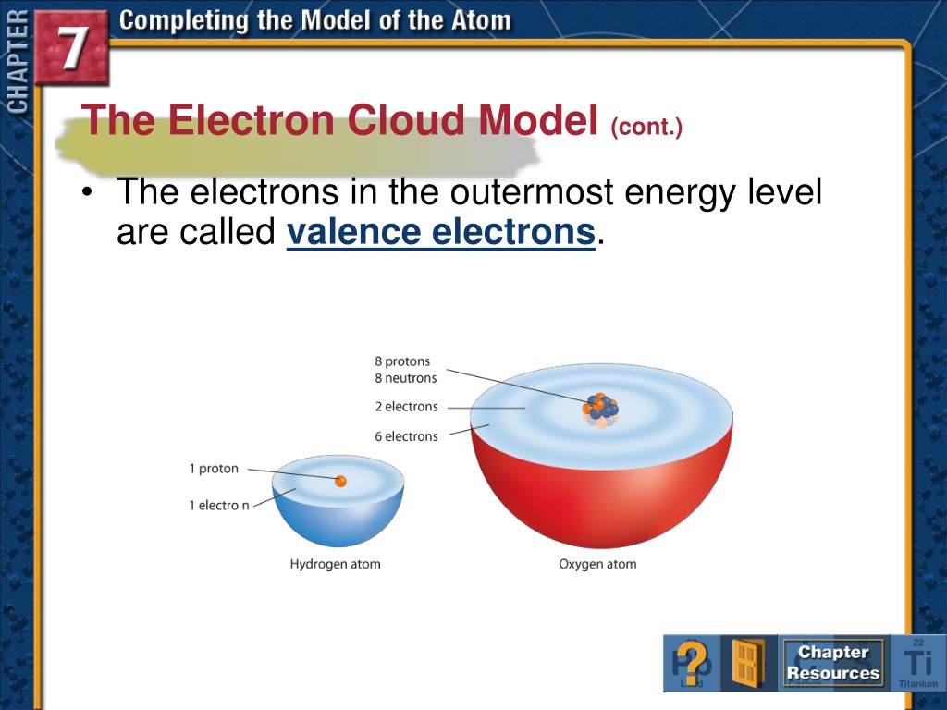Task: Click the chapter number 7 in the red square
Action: (x=72, y=47)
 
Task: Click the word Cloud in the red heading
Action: (x=407, y=119)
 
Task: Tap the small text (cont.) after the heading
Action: (x=646, y=127)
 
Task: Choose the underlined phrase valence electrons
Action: (x=441, y=231)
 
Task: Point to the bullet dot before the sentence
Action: (x=88, y=191)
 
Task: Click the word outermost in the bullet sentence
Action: (x=532, y=191)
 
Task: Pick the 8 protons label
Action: (x=402, y=361)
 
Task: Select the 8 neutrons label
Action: (x=405, y=378)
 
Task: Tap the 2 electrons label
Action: (x=406, y=407)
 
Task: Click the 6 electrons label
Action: (x=406, y=436)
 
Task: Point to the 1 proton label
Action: (x=214, y=469)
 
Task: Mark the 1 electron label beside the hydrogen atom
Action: (x=218, y=506)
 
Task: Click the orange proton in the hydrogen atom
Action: (x=340, y=481)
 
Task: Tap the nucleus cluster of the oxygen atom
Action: (x=600, y=410)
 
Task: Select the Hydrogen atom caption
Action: (x=335, y=564)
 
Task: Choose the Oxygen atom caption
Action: (x=597, y=564)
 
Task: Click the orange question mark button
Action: (x=692, y=663)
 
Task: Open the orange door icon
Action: (x=747, y=663)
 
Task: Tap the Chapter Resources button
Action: (x=833, y=662)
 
